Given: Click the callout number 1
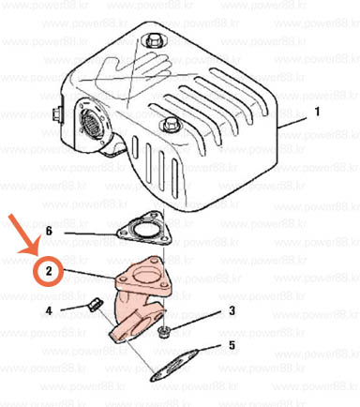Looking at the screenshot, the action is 317,112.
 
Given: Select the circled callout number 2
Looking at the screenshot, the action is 49,271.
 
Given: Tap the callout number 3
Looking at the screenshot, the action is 232,310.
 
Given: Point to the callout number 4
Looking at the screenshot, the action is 49,310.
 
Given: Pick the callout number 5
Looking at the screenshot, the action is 232,345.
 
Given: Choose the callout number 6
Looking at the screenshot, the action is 49,232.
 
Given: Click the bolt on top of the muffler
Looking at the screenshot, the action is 153,40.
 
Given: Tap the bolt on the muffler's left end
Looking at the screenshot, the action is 57,113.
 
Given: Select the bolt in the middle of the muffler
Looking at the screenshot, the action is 169,124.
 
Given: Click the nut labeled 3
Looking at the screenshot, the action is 162,331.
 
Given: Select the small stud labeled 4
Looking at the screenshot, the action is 94,305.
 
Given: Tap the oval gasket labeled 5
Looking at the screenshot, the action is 174,365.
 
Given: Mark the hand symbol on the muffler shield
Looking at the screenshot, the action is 134,68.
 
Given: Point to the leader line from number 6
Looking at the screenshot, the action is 91,234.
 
